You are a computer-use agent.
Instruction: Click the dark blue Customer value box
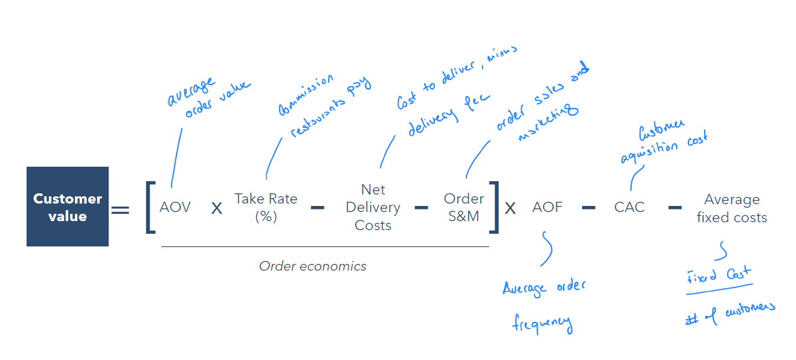coord(68,207)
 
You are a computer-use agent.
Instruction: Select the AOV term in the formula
coord(175,207)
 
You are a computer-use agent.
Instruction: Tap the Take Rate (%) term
coord(266,207)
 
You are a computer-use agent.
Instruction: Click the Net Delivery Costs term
coord(373,207)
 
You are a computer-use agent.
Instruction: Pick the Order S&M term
coord(464,207)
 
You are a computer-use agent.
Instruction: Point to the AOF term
coord(547,207)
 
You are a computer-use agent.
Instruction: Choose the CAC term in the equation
coord(629,207)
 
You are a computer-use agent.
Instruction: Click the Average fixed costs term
coord(732,208)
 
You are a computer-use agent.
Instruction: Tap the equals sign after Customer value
coord(120,210)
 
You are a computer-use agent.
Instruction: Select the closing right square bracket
coord(495,207)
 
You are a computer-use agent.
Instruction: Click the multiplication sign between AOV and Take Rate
coord(216,208)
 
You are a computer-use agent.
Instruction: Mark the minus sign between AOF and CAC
coord(588,208)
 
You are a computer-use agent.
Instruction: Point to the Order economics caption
coord(312,266)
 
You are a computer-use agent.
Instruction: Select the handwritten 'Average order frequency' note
coord(544,305)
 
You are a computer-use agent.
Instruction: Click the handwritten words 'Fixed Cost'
coord(718,277)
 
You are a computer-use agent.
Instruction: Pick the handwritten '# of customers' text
coord(730,313)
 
